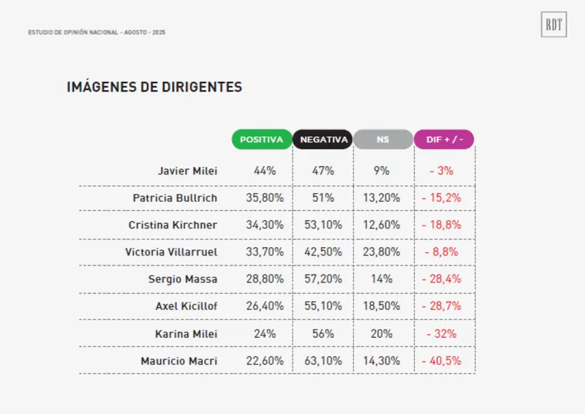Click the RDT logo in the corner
coord(553,25)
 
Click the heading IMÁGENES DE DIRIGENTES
coord(155,87)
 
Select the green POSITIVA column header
coord(262,139)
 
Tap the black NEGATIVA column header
coord(323,139)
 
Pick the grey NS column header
coord(383,139)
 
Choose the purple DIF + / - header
coord(444,139)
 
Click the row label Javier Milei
coord(188,171)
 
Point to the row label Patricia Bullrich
coord(175,198)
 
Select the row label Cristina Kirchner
coord(173,225)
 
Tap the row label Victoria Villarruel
coord(171,252)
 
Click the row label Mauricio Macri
coord(179,360)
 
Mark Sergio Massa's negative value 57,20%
coord(323,279)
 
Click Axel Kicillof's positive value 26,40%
coord(265,306)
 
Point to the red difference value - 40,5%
coord(442,360)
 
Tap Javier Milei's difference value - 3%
coord(442,171)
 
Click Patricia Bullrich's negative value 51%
coord(323,198)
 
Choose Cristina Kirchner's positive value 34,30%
coord(265,225)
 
